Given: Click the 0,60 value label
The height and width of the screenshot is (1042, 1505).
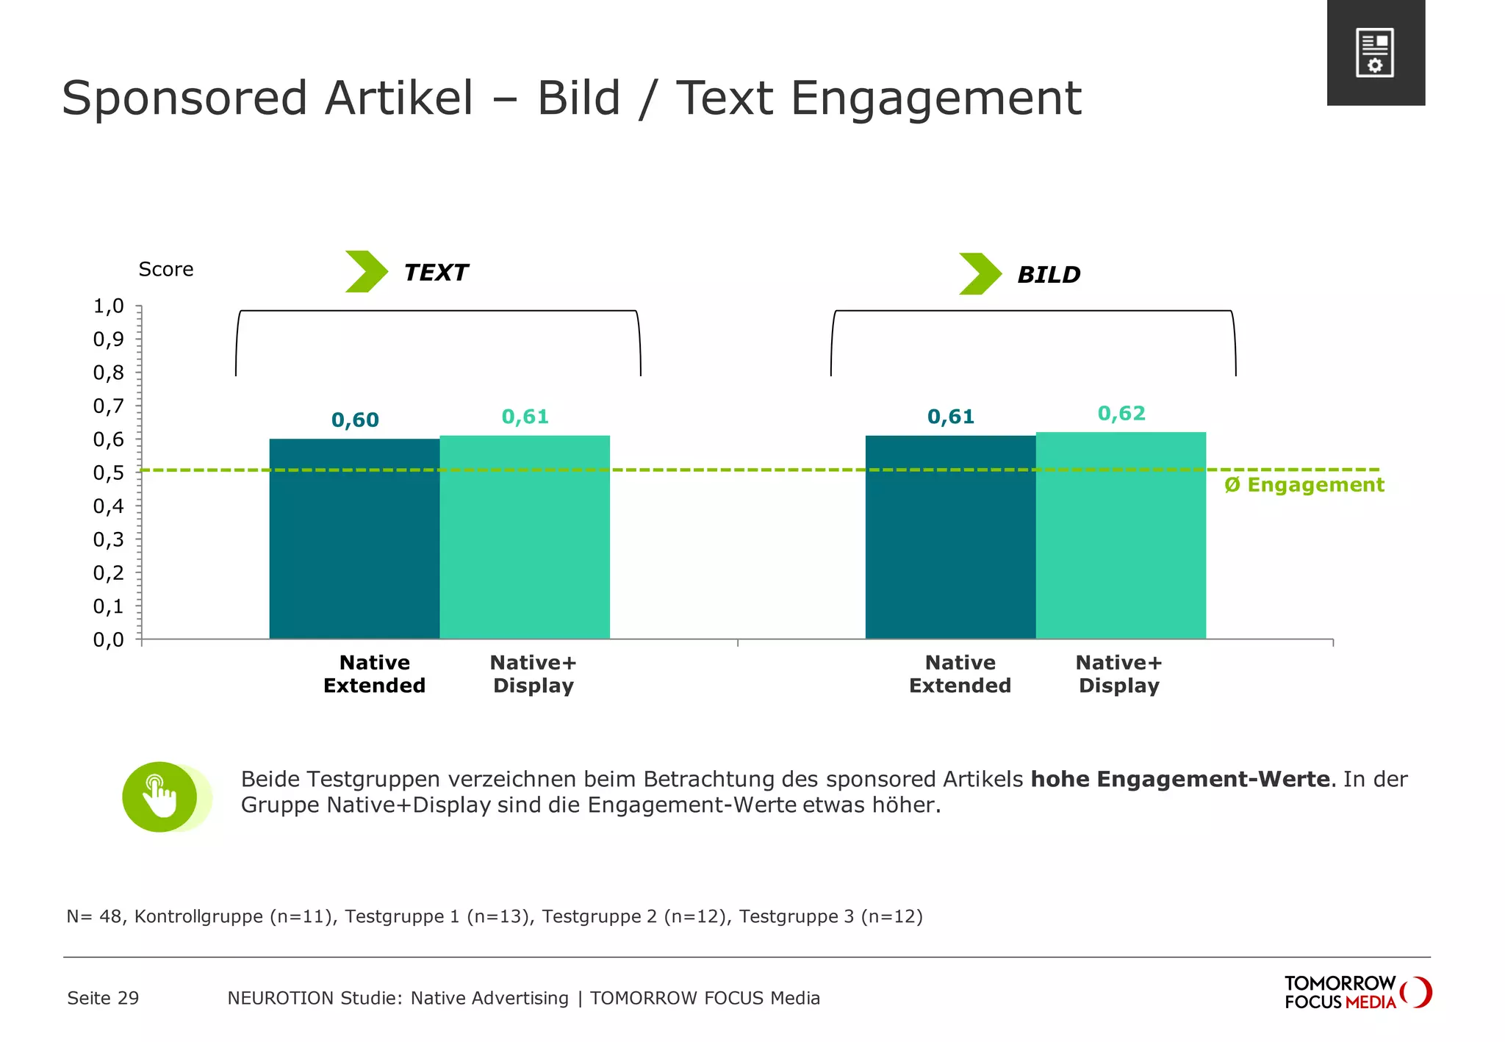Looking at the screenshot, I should [355, 420].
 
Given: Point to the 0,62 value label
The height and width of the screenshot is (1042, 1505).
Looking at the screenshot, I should [1121, 414].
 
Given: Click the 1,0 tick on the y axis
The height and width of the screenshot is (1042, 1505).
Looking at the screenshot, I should [108, 306].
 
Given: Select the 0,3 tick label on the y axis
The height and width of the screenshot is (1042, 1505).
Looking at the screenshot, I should [108, 540].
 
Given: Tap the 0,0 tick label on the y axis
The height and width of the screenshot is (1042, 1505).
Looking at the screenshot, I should [108, 640].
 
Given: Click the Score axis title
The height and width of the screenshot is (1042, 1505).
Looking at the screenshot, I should [166, 270].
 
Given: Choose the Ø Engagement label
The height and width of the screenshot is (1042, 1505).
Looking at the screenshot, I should [1304, 485].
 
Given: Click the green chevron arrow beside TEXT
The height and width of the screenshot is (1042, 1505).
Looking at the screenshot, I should [366, 272].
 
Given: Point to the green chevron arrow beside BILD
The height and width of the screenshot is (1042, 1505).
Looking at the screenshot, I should [980, 274].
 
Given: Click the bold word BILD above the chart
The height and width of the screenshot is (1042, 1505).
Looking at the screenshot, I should [1049, 275].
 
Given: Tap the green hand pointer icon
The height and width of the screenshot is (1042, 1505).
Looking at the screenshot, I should [160, 797].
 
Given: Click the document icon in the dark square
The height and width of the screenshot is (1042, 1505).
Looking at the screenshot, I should [1375, 53].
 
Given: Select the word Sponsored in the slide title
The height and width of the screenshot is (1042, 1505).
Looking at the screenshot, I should [184, 98].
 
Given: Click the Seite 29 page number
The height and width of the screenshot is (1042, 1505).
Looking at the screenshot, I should [103, 998].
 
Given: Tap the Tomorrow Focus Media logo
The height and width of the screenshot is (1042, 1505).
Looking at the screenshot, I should [1357, 993].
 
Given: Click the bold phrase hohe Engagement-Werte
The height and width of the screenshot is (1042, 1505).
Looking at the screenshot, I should [1180, 779].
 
